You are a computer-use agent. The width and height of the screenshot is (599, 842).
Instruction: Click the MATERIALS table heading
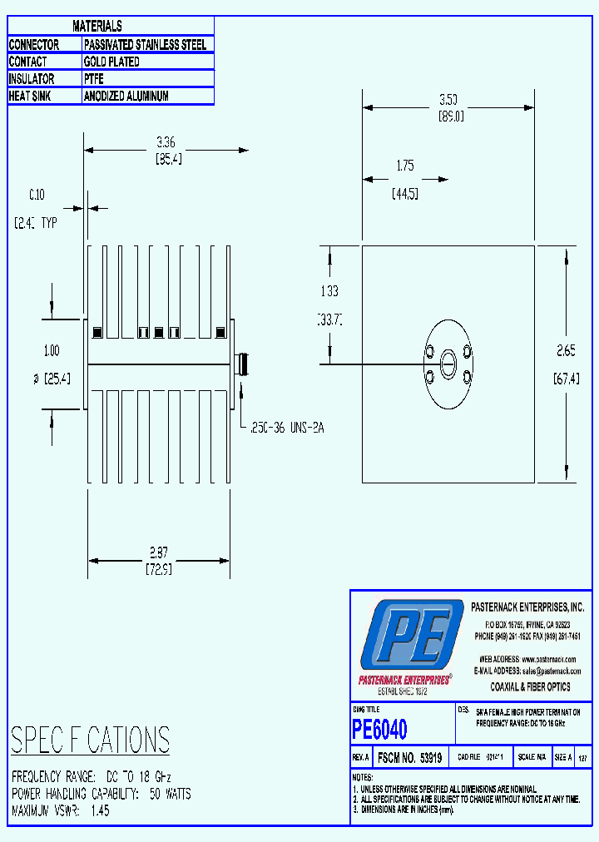pyautogui.click(x=97, y=27)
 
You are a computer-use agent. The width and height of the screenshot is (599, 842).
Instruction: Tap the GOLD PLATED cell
pyautogui.click(x=111, y=62)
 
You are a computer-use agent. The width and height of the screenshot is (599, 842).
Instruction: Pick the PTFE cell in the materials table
pyautogui.click(x=94, y=79)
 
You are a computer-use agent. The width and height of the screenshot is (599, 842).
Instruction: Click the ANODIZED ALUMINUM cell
pyautogui.click(x=126, y=97)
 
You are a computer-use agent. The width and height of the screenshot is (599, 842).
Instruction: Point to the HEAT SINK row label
pyautogui.click(x=31, y=97)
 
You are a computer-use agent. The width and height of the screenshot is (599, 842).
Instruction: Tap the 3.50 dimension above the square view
pyautogui.click(x=448, y=99)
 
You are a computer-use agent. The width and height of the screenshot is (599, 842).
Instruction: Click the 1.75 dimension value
pyautogui.click(x=404, y=166)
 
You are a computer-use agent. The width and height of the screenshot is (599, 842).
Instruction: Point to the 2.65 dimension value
pyautogui.click(x=567, y=350)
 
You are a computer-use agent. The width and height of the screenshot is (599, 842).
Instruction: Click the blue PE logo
pyautogui.click(x=411, y=634)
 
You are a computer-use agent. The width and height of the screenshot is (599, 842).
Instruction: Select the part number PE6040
pyautogui.click(x=379, y=730)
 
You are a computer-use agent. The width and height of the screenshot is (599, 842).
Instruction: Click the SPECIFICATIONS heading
pyautogui.click(x=90, y=740)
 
